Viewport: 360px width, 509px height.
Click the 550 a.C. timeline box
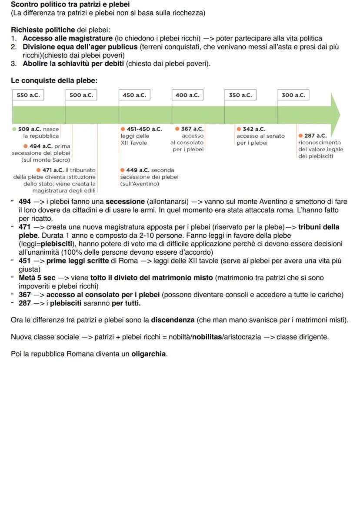pyautogui.click(x=28, y=95)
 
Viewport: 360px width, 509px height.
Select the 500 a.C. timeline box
pyautogui.click(x=81, y=95)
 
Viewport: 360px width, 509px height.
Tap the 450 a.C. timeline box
pyautogui.click(x=134, y=95)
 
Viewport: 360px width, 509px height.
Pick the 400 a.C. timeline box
pyautogui.click(x=187, y=95)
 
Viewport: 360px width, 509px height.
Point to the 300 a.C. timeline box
pyautogui.click(x=293, y=95)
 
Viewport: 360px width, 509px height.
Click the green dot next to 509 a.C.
pyautogui.click(x=14, y=129)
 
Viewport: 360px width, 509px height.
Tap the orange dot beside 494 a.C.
pyautogui.click(x=25, y=146)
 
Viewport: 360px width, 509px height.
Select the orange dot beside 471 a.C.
pyautogui.click(x=39, y=170)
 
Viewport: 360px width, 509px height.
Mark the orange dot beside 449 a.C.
pyautogui.click(x=123, y=170)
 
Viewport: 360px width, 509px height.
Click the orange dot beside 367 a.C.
pyautogui.click(x=177, y=129)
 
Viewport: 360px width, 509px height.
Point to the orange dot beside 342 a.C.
pyautogui.click(x=239, y=129)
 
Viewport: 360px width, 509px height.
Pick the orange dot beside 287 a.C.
pyautogui.click(x=301, y=136)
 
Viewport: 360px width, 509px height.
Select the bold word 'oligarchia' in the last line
pyautogui.click(x=149, y=354)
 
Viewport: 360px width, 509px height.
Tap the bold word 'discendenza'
pyautogui.click(x=173, y=320)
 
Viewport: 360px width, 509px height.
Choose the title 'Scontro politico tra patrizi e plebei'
pyautogui.click(x=70, y=5)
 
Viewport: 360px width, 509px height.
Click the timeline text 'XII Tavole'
pyautogui.click(x=133, y=143)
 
